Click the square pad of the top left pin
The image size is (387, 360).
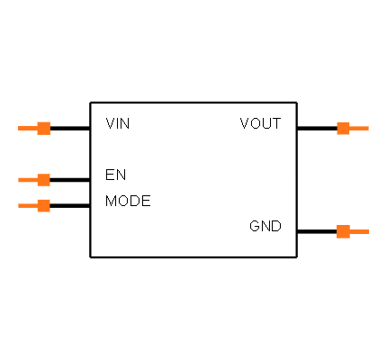43,128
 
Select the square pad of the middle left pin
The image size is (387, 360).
43,180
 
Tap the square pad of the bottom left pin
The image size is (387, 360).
43,205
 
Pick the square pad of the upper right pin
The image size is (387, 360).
343,128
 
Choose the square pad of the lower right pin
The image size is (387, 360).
343,231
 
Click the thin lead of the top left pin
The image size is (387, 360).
27,128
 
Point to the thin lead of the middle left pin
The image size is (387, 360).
27,180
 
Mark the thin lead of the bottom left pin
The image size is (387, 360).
27,205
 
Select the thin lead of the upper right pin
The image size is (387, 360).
359,128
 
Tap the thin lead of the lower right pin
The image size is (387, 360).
359,231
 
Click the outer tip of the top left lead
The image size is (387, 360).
19,128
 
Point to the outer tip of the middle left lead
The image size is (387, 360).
19,180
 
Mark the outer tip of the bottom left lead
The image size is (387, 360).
19,205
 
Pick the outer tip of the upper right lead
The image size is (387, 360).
368,128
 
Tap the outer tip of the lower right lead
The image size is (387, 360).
368,231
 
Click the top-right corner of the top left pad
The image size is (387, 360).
49,121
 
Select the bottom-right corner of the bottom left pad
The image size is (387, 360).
49,211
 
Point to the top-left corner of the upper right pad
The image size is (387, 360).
337,121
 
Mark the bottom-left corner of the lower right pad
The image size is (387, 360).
337,238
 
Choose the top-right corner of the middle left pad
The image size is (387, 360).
49,174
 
